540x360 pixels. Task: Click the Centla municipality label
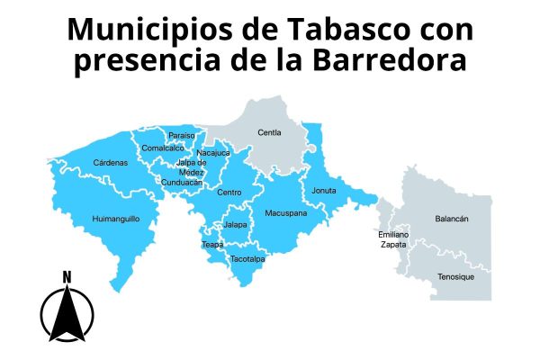click(x=269, y=132)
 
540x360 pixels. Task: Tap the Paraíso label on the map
click(x=181, y=136)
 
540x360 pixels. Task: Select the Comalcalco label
click(x=163, y=148)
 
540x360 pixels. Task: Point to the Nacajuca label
click(x=213, y=153)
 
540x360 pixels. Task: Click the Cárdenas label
click(x=110, y=163)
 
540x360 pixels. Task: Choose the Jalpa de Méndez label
click(x=191, y=167)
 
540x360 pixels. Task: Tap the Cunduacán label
click(x=182, y=183)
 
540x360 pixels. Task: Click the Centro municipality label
click(x=229, y=192)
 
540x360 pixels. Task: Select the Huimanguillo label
click(x=116, y=219)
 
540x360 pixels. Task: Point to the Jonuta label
click(x=324, y=191)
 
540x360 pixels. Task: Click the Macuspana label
click(x=286, y=213)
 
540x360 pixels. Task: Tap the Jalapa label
click(x=236, y=224)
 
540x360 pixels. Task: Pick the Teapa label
click(x=212, y=244)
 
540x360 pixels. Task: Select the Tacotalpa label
click(x=247, y=259)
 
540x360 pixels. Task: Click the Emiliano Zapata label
click(x=393, y=239)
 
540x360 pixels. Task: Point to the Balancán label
click(x=452, y=219)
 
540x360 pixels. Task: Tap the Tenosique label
click(x=455, y=276)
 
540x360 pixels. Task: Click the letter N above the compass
click(x=67, y=276)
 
